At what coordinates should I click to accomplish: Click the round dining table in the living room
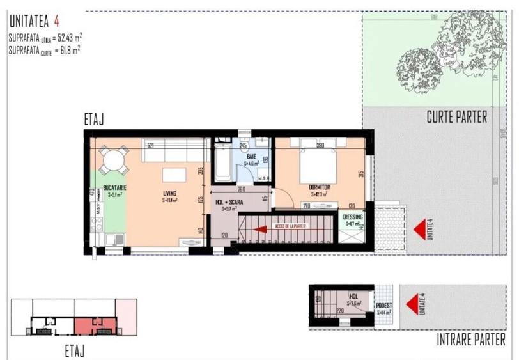point(112,160)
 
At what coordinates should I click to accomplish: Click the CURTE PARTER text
point(456,117)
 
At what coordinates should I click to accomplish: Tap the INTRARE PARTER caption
point(470,340)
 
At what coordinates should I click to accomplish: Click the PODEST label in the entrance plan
point(385,306)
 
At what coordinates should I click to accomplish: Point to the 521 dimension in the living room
point(151,145)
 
